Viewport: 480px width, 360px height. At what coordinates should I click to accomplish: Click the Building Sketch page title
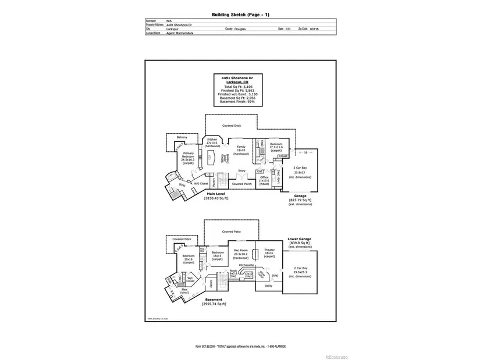coord(239,14)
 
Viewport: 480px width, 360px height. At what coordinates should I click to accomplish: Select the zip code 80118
coord(314,28)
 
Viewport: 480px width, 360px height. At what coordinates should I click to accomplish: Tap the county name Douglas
coord(240,28)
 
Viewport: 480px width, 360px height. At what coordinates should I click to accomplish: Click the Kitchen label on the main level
coord(212,140)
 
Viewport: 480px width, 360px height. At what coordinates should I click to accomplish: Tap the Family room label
coord(241,147)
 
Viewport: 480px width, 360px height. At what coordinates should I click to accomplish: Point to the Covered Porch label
coord(241,183)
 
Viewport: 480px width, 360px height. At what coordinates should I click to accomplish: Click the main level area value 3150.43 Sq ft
coord(216,199)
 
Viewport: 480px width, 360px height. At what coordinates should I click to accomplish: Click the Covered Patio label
coord(231,231)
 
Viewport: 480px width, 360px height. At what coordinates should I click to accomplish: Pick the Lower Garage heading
coord(300,238)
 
